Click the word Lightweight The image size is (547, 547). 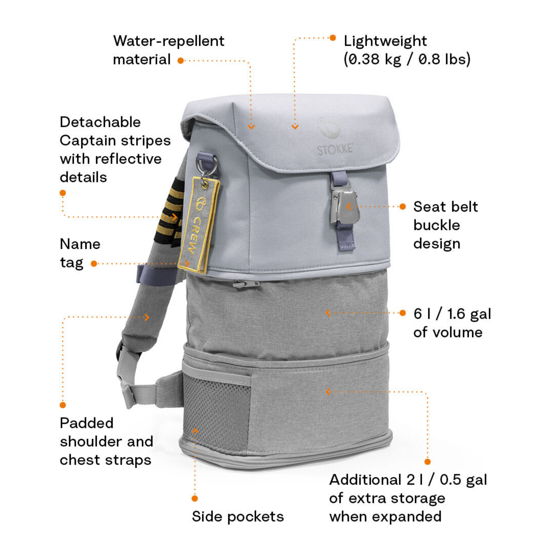tap(385, 41)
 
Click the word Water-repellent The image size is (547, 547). tap(169, 41)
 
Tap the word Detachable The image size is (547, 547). tap(100, 122)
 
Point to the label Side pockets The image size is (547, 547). tap(238, 516)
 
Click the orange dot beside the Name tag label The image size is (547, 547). tap(94, 264)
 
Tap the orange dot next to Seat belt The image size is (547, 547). tap(403, 206)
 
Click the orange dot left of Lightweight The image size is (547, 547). tap(333, 38)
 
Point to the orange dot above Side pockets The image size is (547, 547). tap(195, 498)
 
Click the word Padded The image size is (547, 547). tap(87, 423)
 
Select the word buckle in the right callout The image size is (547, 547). tap(437, 225)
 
